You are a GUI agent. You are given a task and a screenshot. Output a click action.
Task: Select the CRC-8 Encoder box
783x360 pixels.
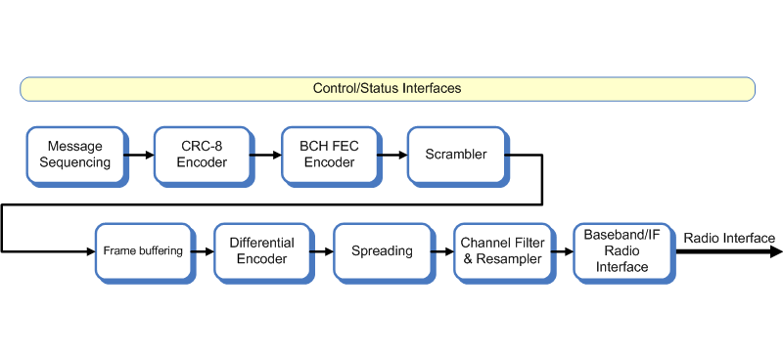click(202, 155)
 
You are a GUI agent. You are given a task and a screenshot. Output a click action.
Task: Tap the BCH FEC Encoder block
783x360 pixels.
click(328, 155)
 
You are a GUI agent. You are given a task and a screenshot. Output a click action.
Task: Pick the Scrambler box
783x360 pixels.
click(455, 155)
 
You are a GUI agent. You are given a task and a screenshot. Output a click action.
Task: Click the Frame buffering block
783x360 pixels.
click(143, 250)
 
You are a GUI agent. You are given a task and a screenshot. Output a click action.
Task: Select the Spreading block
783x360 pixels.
click(382, 250)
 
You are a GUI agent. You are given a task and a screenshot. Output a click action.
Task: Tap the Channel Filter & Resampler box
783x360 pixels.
click(501, 250)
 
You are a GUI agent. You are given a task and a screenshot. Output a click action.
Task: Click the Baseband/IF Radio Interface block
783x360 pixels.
click(622, 250)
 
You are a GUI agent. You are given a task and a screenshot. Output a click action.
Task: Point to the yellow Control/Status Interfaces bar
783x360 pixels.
click(387, 89)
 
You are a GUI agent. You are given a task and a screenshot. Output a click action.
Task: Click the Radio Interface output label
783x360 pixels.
click(729, 239)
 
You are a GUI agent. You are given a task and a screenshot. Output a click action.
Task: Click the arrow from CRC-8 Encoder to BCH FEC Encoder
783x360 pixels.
click(265, 155)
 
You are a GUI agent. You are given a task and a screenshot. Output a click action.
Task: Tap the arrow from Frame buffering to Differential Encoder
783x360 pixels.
click(203, 251)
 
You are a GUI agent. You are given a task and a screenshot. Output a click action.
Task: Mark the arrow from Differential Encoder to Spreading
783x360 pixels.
click(322, 251)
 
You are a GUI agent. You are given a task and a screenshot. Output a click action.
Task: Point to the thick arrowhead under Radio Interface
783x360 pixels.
click(774, 251)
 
